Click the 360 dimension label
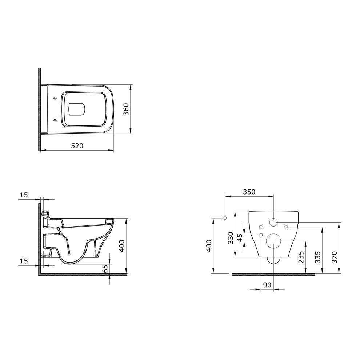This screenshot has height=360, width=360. tap(126, 109)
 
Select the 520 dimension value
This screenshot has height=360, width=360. tap(77, 146)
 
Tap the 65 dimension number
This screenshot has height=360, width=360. tap(105, 268)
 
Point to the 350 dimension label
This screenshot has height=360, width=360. tap(249, 192)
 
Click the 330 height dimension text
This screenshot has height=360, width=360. tap(230, 238)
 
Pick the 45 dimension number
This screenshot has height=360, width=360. tap(240, 238)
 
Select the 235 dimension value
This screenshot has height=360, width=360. tap(301, 257)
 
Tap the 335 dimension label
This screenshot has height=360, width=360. tap(317, 257)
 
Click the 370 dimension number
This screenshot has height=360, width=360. tap(334, 257)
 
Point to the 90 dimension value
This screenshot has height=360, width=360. tap(267, 285)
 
